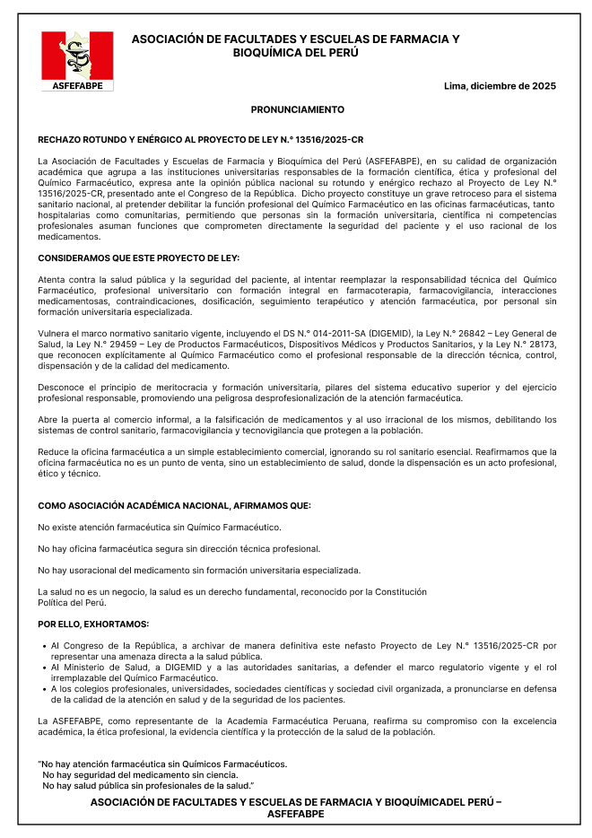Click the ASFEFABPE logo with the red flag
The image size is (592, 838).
pyautogui.click(x=77, y=60)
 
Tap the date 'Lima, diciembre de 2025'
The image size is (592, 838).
pyautogui.click(x=500, y=86)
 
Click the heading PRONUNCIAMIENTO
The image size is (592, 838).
pyautogui.click(x=297, y=109)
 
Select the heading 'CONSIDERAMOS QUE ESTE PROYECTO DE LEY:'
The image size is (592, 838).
pyautogui.click(x=138, y=258)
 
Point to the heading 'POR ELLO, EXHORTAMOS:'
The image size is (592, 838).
pyautogui.click(x=93, y=624)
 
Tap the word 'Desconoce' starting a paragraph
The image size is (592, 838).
pyautogui.click(x=59, y=387)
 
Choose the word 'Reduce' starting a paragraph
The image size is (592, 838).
pyautogui.click(x=52, y=451)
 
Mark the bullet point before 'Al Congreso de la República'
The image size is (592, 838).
pyautogui.click(x=44, y=646)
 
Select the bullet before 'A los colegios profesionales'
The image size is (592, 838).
pyautogui.click(x=44, y=689)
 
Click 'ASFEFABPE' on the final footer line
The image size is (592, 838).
pyautogui.click(x=296, y=814)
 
